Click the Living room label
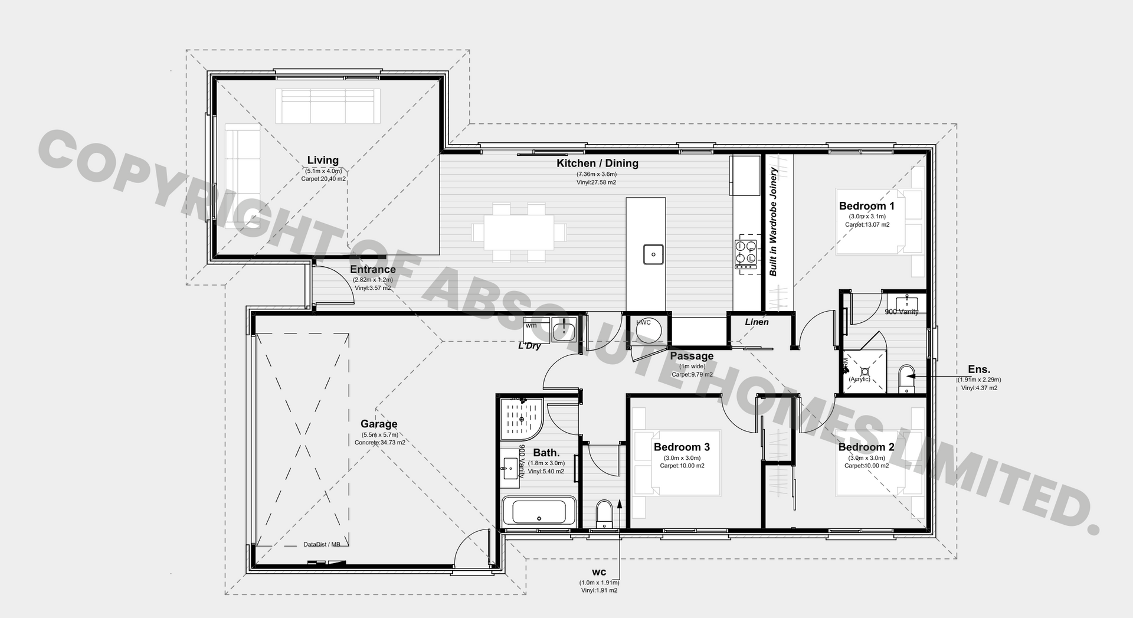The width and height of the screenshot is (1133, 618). coord(323,160)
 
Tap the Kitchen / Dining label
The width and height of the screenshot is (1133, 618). coord(597,163)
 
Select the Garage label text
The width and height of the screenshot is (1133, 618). coord(379,424)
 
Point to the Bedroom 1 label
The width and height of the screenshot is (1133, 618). coord(866,206)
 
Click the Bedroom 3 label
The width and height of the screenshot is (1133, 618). coord(682,447)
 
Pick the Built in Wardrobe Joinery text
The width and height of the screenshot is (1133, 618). coord(773,222)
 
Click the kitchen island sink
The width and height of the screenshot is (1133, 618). coord(653,254)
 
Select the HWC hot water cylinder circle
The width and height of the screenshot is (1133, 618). coord(649,331)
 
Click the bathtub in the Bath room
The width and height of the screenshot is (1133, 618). coord(539,512)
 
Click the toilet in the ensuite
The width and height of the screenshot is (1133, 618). coord(906,378)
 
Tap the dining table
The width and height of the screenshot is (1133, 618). coord(519,232)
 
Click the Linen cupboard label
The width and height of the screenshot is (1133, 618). coord(757,322)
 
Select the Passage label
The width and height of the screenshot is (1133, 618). coord(692,356)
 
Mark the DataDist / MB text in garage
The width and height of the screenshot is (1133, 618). coord(322,544)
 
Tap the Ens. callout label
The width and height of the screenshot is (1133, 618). coord(979,370)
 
